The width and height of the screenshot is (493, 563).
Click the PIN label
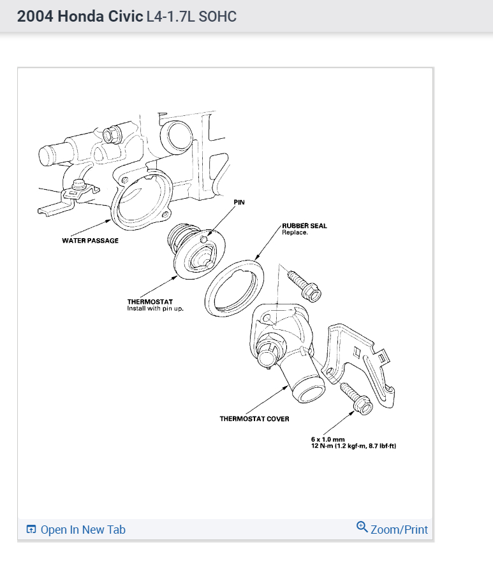coord(239,202)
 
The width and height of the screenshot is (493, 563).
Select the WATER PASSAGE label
coord(90,241)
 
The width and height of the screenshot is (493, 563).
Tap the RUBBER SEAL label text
coord(304,226)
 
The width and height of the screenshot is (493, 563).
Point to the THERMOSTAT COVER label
coord(254,419)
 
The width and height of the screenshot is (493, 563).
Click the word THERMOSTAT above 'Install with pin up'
coord(150,302)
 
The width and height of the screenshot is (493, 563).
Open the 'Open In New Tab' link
coord(82,530)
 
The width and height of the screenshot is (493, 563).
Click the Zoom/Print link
coord(399,530)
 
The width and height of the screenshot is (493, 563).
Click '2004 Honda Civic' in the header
coord(80,17)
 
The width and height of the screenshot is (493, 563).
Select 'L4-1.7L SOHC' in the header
coord(191,17)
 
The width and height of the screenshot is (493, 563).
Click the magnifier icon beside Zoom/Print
coord(362,527)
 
